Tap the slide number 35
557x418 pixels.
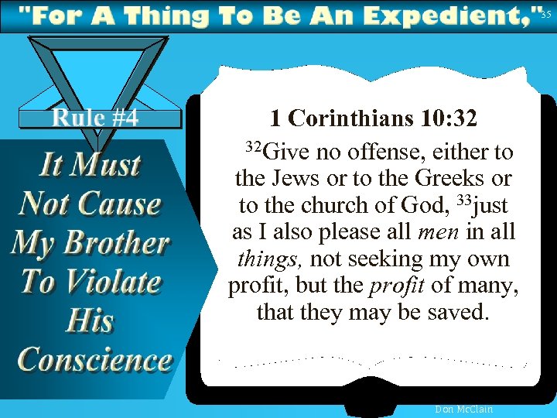click(x=547, y=14)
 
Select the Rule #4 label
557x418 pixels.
click(x=95, y=118)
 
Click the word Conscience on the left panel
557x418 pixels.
click(x=94, y=360)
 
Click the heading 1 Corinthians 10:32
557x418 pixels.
click(x=374, y=118)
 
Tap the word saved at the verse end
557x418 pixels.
click(x=460, y=313)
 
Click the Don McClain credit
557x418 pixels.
click(x=464, y=409)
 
